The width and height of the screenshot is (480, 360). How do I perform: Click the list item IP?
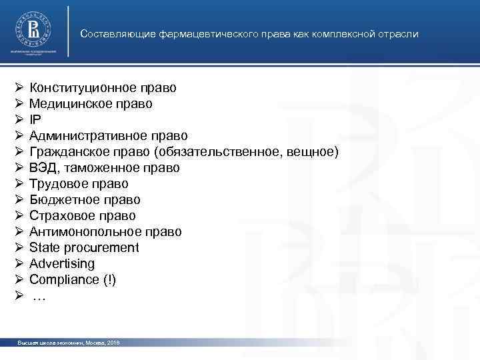(35, 119)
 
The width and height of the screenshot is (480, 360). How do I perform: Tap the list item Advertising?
(62, 264)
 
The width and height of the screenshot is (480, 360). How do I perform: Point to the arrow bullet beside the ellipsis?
(19, 296)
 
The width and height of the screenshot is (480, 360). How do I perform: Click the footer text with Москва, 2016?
(69, 343)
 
